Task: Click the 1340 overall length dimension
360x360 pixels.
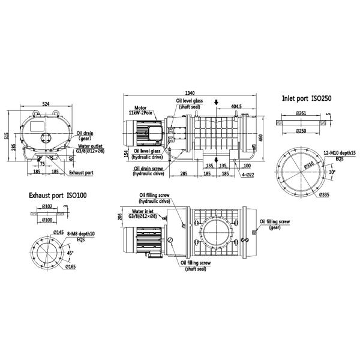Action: (x=190, y=93)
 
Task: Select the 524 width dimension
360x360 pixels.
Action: (x=46, y=103)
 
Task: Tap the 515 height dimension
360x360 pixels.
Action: (x=7, y=136)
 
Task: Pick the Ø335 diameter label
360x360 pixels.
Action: (x=325, y=194)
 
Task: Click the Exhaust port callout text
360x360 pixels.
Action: (x=81, y=172)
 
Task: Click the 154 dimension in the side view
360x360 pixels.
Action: (x=125, y=154)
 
